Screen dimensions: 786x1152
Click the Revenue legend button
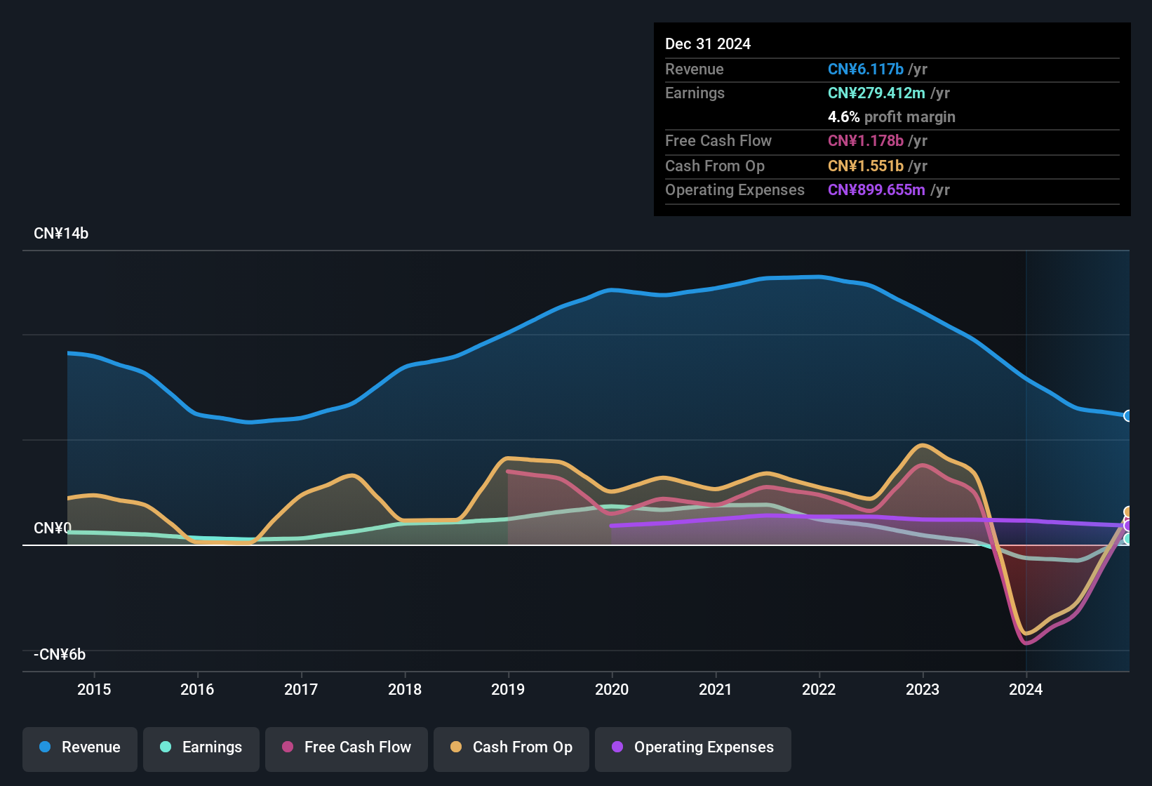click(80, 747)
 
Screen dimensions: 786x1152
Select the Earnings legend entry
click(201, 747)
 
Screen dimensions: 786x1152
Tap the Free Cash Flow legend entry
click(347, 747)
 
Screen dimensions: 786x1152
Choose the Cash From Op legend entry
click(511, 747)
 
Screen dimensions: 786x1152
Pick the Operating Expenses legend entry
click(693, 747)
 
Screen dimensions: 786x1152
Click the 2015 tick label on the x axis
click(94, 689)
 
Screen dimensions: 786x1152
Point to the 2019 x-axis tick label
click(508, 689)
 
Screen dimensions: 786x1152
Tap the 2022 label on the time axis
click(819, 689)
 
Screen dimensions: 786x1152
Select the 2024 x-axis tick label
click(1026, 689)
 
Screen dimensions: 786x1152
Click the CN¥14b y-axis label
click(61, 234)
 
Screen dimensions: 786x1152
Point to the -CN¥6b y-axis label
click(60, 655)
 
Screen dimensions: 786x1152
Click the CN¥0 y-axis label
click(52, 528)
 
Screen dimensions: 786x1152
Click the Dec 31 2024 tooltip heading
click(708, 44)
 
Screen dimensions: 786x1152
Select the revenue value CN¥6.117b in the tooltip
click(866, 69)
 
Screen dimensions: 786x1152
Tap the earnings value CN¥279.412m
click(876, 93)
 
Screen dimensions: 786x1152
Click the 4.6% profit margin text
click(891, 117)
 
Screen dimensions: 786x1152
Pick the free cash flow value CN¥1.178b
click(866, 141)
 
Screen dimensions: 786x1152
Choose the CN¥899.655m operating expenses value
click(876, 190)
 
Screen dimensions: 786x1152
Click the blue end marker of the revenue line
click(1127, 416)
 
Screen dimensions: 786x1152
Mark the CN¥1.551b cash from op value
click(866, 166)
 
